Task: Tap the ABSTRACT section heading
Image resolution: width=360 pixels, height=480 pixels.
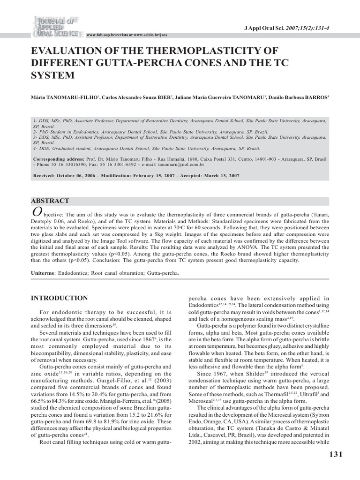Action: point(50,201)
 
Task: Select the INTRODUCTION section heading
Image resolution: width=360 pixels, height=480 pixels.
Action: point(59,298)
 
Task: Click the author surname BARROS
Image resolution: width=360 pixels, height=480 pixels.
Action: point(315,97)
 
